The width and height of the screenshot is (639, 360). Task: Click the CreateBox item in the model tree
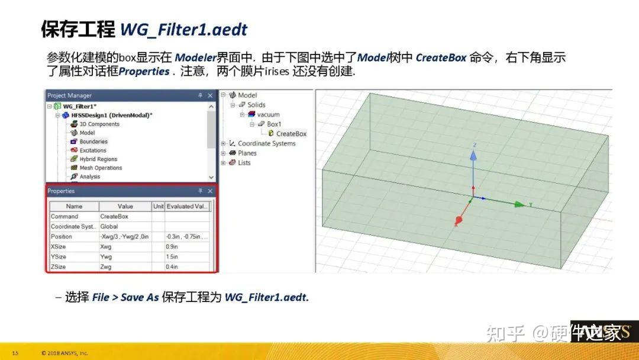point(291,134)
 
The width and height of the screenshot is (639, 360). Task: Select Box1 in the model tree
point(274,124)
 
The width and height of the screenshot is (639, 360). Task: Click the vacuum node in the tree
point(269,114)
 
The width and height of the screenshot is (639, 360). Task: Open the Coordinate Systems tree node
point(266,143)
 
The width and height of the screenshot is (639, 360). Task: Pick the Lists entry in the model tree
point(244,163)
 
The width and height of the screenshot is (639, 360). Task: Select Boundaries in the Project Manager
point(93,142)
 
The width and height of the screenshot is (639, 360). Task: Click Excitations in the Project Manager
point(93,150)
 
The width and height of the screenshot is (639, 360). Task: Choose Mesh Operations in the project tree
point(101,168)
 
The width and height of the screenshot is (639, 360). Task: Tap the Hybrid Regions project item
point(98,159)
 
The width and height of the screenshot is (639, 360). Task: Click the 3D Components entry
point(99,124)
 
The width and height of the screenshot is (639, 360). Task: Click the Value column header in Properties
point(125,207)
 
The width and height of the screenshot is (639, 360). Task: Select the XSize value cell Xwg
point(106,247)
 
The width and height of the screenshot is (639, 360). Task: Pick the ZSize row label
point(58,267)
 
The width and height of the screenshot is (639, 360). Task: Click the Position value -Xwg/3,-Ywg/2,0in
point(125,237)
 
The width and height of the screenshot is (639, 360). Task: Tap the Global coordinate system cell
point(109,227)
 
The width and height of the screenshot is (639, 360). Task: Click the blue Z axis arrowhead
point(473,155)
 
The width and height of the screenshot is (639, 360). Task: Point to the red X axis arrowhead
point(458,221)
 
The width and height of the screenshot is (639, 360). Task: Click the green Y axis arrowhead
point(519,204)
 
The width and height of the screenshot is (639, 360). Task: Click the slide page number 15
point(15,353)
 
